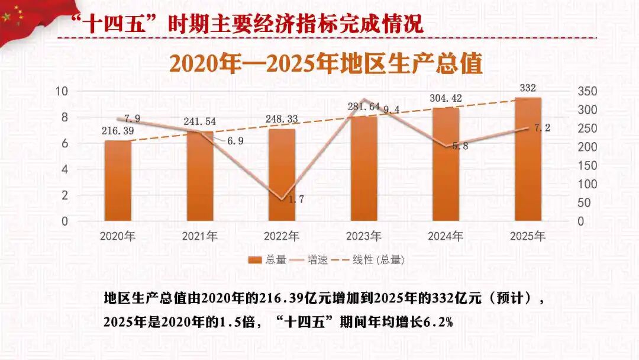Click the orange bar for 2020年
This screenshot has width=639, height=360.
point(118,181)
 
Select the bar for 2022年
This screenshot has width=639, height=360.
point(282,175)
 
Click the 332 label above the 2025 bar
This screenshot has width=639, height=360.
point(528,88)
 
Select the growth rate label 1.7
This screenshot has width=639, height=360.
point(295,200)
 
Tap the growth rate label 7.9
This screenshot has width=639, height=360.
point(132,119)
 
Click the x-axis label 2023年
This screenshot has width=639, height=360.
point(363,236)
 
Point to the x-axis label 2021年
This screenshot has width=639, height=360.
point(199,236)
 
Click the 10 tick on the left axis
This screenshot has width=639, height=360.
point(62,91)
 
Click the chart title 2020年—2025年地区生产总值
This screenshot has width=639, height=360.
point(325,63)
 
